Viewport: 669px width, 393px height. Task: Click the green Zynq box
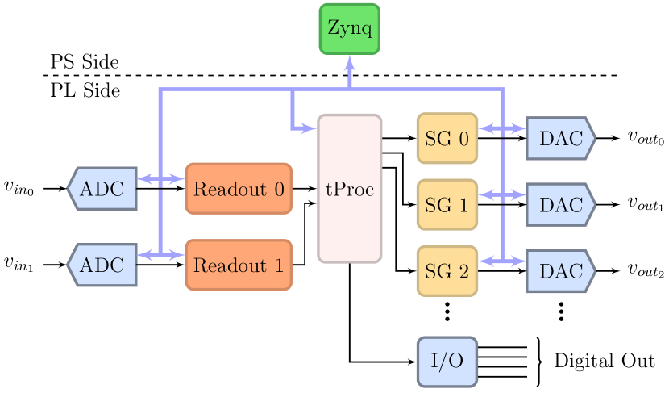coord(349,28)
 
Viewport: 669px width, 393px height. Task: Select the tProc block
coord(349,189)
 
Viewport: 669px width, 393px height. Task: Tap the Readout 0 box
coord(239,189)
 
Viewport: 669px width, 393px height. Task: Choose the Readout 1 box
coord(239,265)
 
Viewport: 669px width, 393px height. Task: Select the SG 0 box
coord(447,139)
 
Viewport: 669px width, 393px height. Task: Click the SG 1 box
coord(447,205)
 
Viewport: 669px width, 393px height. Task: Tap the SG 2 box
coord(447,271)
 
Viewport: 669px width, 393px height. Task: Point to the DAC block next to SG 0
coord(561,138)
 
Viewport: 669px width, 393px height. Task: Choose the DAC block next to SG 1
coord(561,204)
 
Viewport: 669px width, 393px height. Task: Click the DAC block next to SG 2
coord(561,270)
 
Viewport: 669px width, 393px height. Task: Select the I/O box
coord(447,361)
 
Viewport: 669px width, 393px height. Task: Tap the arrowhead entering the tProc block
coord(310,128)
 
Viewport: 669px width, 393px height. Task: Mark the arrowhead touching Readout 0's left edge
coord(179,179)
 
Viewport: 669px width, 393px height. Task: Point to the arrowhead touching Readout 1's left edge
coord(179,255)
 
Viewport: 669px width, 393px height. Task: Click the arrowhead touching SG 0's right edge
coord(484,128)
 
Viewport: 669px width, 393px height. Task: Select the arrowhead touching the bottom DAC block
coord(520,261)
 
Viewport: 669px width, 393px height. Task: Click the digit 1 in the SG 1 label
coord(463,205)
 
